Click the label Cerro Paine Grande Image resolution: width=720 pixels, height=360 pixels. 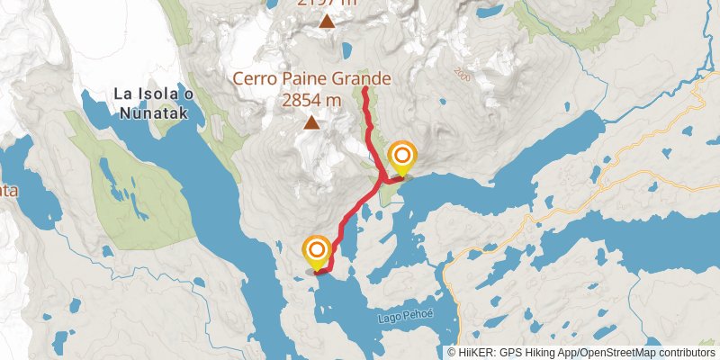pos(313,79)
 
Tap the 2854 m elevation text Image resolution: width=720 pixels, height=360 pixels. pos(311,100)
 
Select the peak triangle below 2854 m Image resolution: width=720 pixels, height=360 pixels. pos(311,123)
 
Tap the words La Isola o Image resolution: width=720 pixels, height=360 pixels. pos(148,94)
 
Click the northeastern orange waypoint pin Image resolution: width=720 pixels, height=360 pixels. pos(401,158)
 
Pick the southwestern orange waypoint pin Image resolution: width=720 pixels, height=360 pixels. pos(317,251)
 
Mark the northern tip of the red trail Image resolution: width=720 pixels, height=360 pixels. pos(364,88)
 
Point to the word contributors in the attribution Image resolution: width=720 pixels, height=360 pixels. pos(686,353)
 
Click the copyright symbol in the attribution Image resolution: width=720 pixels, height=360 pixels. pos(452,353)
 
